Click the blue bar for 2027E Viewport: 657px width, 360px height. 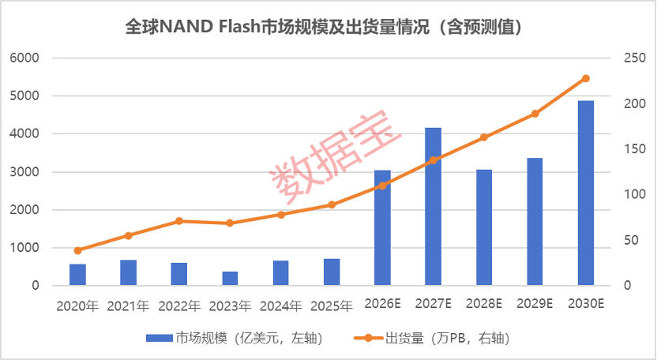tap(434, 207)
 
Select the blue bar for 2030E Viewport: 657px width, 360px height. tap(586, 193)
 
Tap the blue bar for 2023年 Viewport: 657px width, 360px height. tap(230, 279)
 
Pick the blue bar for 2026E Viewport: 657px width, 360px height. tap(382, 228)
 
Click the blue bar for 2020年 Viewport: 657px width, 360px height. tap(77, 275)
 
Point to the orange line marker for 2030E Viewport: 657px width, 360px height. tap(586, 78)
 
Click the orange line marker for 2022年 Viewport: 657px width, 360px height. tap(179, 221)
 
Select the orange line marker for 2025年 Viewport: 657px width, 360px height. tap(332, 205)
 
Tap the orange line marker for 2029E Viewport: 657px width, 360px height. tap(535, 114)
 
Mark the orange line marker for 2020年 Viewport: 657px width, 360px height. tap(77, 250)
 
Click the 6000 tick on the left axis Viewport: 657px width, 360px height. tap(24, 58)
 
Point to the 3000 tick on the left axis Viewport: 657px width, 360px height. tap(24, 172)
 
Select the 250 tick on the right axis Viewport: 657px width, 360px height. tap(635, 58)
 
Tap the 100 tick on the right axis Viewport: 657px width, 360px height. tap(635, 194)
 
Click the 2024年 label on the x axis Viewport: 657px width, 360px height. tap(281, 306)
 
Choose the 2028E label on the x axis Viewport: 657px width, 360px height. tap(484, 303)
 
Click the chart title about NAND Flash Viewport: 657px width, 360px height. tap(324, 28)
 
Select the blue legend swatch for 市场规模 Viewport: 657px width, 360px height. tap(160, 338)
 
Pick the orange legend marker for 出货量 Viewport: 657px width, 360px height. tap(368, 338)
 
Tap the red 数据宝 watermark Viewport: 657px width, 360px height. tap(335, 157)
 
